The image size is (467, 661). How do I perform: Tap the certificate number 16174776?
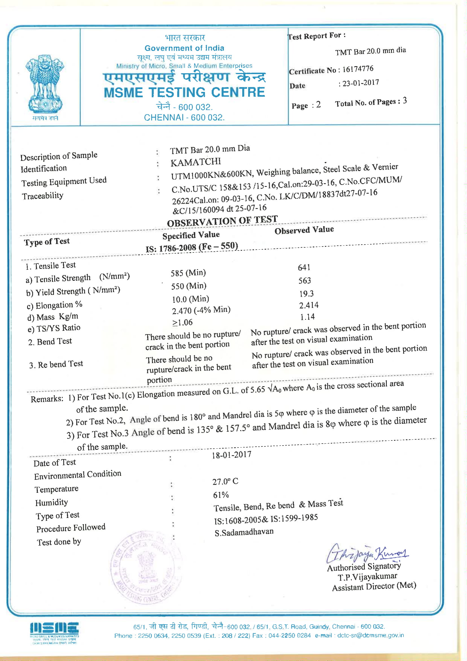[358, 69]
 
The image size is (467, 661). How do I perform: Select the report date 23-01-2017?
[361, 83]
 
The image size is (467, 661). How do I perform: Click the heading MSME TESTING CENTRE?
[184, 93]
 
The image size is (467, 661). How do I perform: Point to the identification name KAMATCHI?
[196, 162]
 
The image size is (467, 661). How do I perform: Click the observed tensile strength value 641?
[304, 267]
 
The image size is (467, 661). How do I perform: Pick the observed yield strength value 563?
[305, 280]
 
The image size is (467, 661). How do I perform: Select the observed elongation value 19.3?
[306, 294]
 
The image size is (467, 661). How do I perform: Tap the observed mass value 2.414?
[309, 305]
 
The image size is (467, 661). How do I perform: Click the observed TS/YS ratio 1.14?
[307, 317]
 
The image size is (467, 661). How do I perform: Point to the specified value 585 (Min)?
[188, 273]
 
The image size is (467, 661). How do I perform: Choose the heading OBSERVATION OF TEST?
[222, 221]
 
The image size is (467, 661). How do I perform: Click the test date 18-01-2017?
[232, 455]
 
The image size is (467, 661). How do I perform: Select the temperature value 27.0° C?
[225, 481]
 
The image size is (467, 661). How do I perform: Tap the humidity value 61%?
[221, 495]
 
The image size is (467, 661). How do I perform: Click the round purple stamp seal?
[146, 567]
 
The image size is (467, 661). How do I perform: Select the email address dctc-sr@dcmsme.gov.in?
[370, 635]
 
